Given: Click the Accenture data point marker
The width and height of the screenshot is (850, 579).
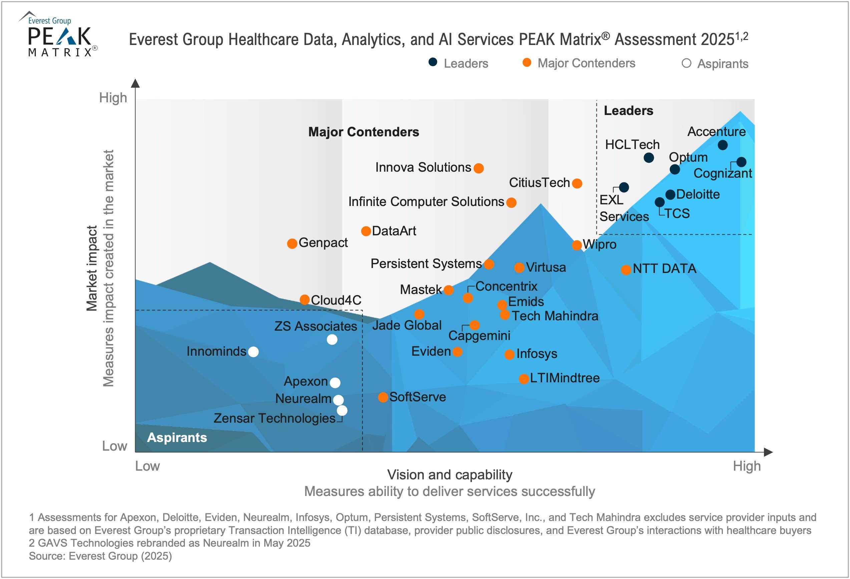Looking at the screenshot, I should (722, 145).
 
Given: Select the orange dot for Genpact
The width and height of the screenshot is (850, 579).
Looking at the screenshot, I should (292, 243).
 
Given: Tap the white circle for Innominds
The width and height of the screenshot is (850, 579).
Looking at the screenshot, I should (253, 352).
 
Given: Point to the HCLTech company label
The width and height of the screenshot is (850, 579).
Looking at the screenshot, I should (632, 145).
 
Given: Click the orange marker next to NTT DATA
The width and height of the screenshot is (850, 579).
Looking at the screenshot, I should (626, 270).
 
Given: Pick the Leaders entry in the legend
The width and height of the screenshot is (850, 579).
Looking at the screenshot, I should (458, 63).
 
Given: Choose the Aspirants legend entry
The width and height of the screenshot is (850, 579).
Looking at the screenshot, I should (715, 64).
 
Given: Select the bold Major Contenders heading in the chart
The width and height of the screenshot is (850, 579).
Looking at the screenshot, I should (364, 132).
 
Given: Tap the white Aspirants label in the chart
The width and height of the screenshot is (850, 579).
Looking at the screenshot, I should (177, 438).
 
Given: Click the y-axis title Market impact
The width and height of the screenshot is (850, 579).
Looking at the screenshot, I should (91, 268).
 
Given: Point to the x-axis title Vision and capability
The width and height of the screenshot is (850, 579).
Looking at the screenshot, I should (449, 475).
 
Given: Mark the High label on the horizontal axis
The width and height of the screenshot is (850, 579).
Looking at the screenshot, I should (747, 466).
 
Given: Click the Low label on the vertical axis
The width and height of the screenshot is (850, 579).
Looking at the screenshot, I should (114, 446).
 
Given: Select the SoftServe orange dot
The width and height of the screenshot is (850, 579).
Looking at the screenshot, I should (383, 397).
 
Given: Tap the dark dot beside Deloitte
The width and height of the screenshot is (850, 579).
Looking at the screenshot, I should (670, 194).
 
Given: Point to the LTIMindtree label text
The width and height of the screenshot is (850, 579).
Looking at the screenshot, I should (564, 378).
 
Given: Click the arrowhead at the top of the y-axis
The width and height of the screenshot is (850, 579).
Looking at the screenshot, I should (135, 83).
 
